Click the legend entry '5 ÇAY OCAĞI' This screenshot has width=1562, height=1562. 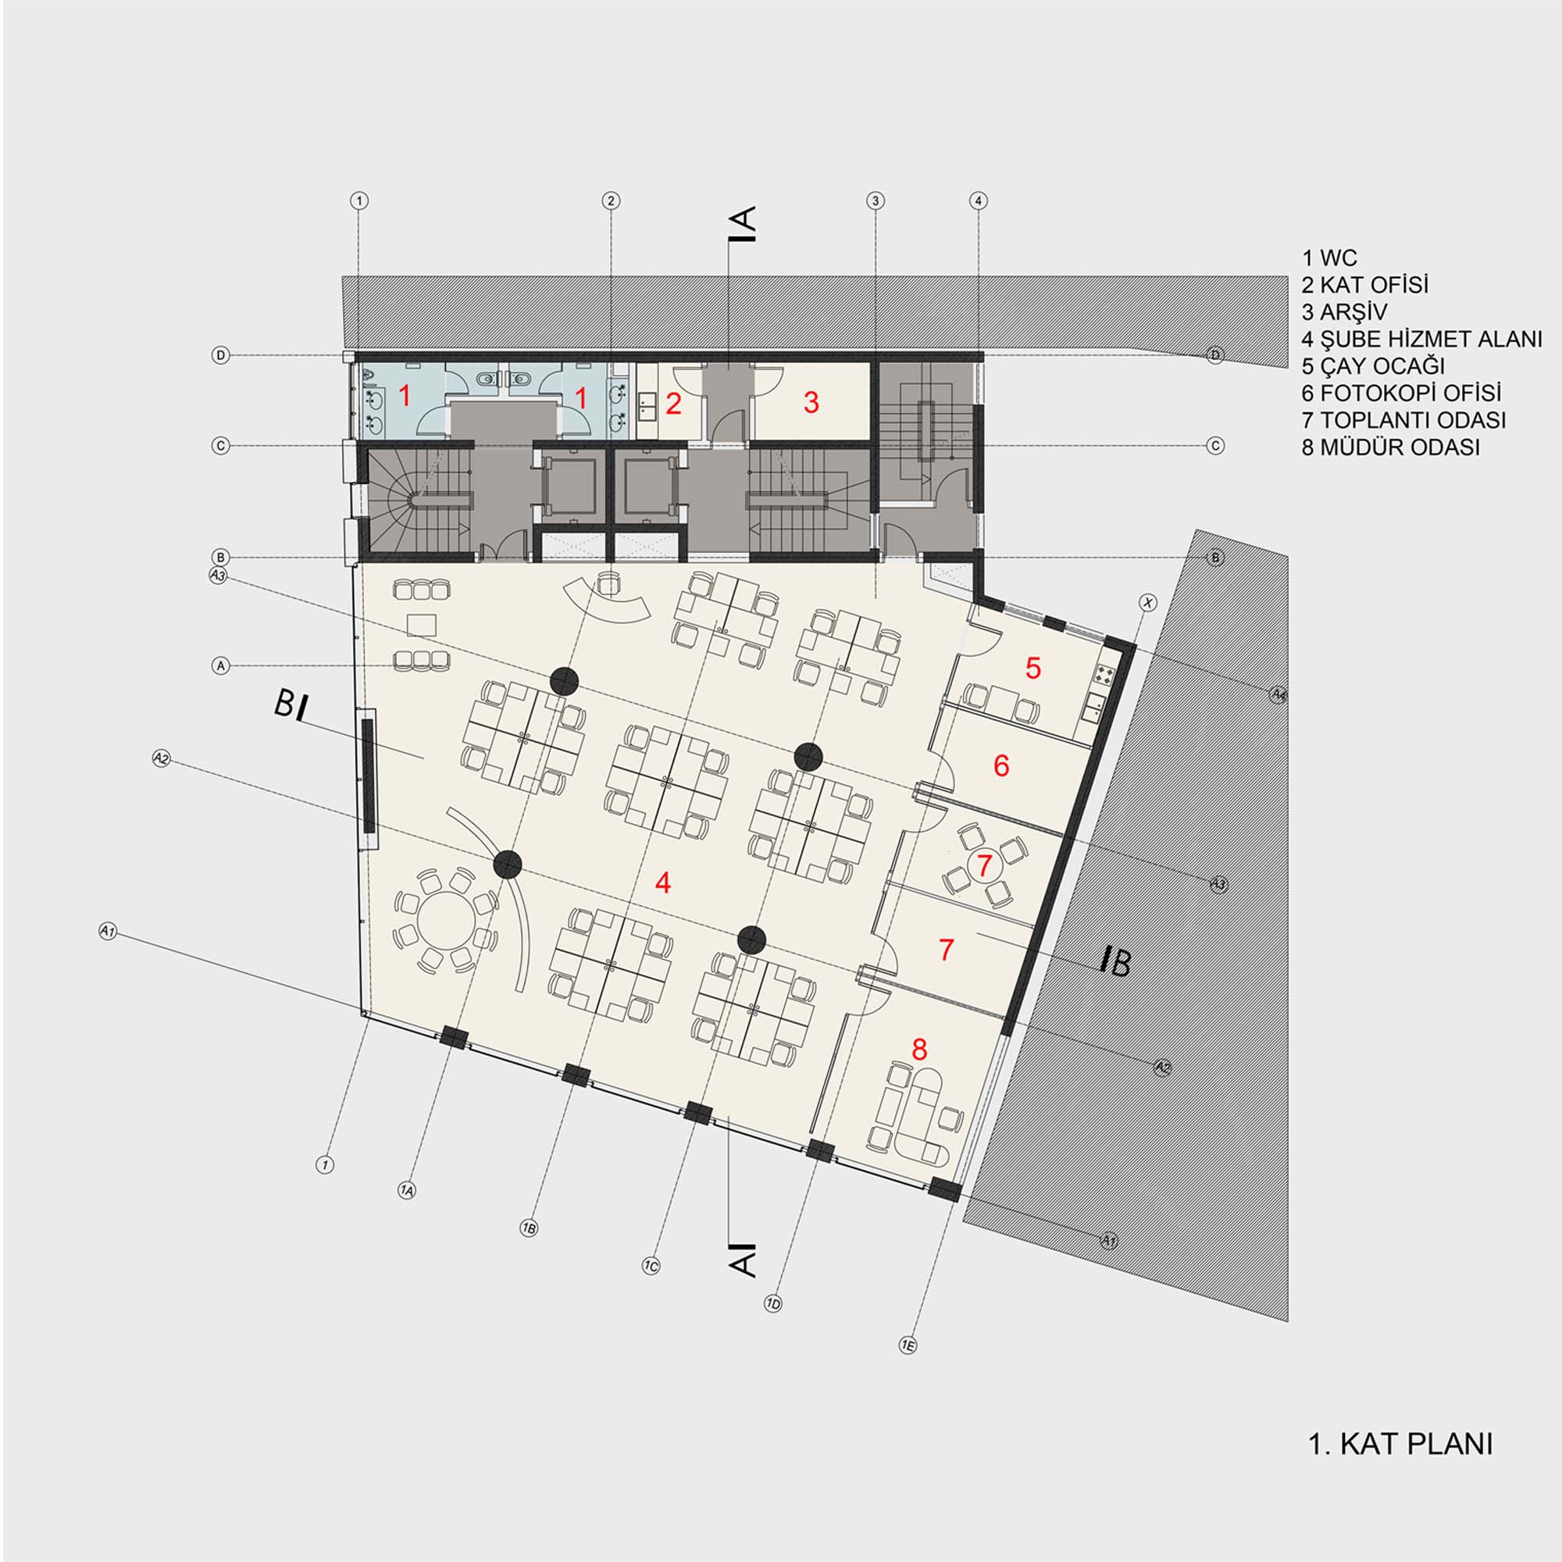[x=1373, y=366]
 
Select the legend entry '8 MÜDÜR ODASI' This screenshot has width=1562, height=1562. [x=1391, y=446]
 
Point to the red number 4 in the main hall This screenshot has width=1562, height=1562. [x=663, y=882]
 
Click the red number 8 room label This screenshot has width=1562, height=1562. [x=918, y=1050]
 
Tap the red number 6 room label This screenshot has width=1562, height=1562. [x=1001, y=765]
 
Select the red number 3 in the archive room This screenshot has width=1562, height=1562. [x=811, y=401]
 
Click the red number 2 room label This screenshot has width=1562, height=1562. [x=673, y=404]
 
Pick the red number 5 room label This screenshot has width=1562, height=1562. [x=1032, y=668]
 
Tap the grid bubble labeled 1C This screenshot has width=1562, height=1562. [x=651, y=1267]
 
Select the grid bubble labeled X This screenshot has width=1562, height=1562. [x=1148, y=602]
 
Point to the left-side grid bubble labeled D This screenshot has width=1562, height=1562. [x=220, y=355]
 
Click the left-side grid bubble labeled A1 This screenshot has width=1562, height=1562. [x=108, y=932]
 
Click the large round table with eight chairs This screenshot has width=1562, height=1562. [x=444, y=920]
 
